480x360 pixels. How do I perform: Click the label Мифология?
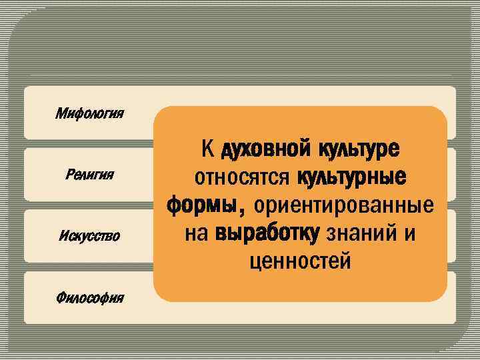pyautogui.click(x=90, y=113)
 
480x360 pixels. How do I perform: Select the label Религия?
pyautogui.click(x=90, y=175)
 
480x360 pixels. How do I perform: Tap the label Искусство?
pyautogui.click(x=90, y=235)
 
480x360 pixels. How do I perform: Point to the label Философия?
pyautogui.click(x=90, y=297)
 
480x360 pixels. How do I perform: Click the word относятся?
pyautogui.click(x=241, y=177)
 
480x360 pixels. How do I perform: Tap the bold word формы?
pyautogui.click(x=202, y=205)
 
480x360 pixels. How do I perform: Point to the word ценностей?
pyautogui.click(x=299, y=261)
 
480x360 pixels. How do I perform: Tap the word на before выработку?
pyautogui.click(x=197, y=233)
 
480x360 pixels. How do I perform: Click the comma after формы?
pyautogui.click(x=241, y=211)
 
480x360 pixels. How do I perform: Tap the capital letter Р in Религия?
pyautogui.click(x=69, y=175)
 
